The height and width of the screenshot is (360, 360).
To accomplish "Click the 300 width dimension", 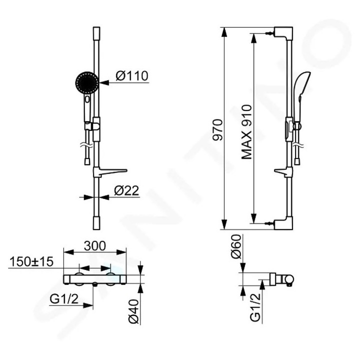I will click(95, 246).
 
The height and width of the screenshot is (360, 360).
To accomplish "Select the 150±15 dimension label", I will click(30, 262).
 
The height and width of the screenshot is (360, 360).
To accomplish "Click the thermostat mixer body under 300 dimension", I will click(95, 278).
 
